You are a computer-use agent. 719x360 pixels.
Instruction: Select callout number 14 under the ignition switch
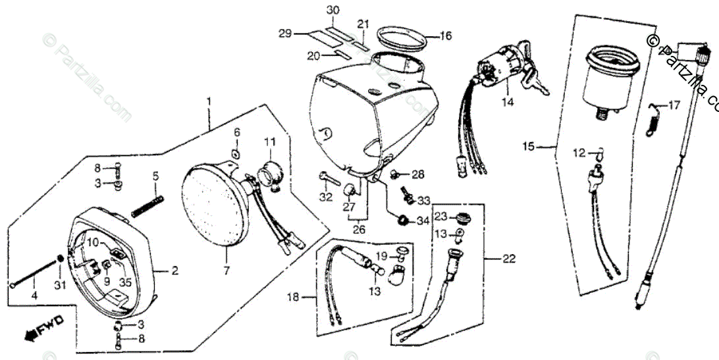[507, 102]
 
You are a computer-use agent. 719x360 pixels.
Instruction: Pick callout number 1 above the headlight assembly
[209, 103]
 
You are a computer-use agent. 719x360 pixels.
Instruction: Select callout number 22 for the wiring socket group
[509, 259]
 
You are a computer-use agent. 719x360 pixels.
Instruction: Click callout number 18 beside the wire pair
[292, 297]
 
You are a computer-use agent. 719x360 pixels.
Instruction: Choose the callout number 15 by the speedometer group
[529, 145]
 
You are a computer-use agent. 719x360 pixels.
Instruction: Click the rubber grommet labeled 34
[402, 219]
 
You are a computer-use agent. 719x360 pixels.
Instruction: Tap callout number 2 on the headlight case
[174, 270]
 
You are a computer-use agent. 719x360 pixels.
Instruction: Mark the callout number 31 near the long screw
[60, 285]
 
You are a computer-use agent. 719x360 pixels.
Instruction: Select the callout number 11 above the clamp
[271, 141]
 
